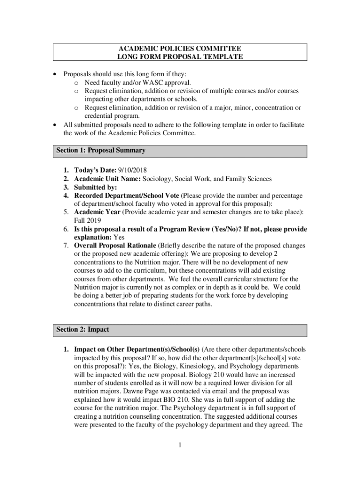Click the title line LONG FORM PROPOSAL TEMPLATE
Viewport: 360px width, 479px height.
pos(180,57)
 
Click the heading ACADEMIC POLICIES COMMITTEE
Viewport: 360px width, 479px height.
pos(180,48)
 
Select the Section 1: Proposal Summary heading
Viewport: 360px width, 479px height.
pos(101,151)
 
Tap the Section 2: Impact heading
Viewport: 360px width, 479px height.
pos(82,330)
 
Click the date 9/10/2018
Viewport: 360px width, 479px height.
pos(133,170)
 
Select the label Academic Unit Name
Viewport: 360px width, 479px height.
pos(107,179)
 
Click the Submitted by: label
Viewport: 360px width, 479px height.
pos(96,187)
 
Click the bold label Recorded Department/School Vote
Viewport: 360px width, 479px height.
pos(126,196)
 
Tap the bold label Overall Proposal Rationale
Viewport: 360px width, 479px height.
pos(115,246)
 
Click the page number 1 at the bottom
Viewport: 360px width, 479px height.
pos(180,445)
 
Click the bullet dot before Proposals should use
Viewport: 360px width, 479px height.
pos(56,74)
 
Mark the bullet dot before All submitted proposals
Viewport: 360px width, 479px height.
pos(56,125)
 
